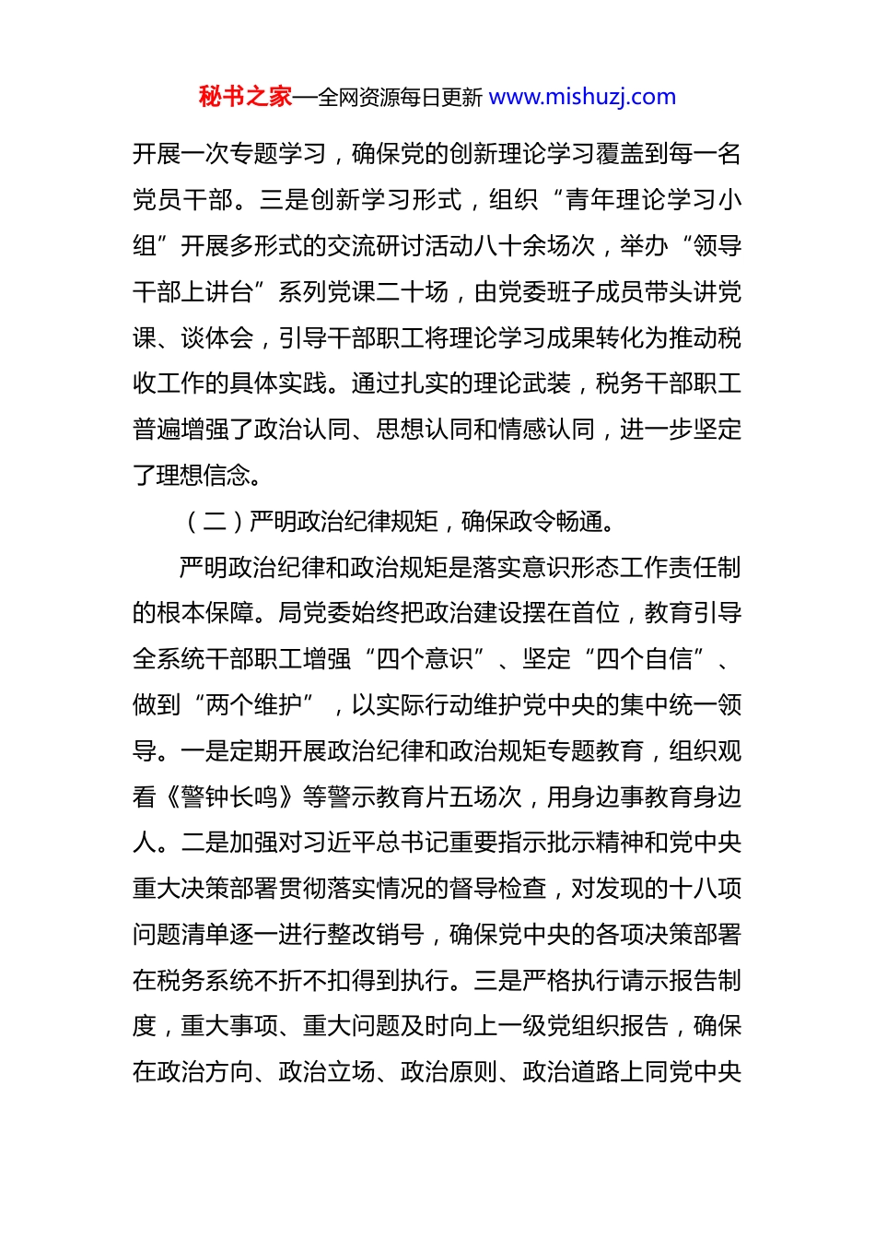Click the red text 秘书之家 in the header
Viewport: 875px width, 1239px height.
pyautogui.click(x=245, y=97)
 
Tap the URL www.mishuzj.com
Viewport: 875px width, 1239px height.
pyautogui.click(x=582, y=97)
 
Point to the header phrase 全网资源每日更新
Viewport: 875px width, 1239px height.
pyautogui.click(x=400, y=98)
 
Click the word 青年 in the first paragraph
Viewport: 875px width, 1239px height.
pyautogui.click(x=589, y=200)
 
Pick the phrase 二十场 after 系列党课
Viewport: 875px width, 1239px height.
pyautogui.click(x=412, y=292)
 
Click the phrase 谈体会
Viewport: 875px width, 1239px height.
pyautogui.click(x=217, y=338)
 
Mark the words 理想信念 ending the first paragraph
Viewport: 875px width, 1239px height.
pyautogui.click(x=205, y=476)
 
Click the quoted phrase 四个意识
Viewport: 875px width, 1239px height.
pyautogui.click(x=424, y=659)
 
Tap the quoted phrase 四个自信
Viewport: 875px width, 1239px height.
pyautogui.click(x=644, y=659)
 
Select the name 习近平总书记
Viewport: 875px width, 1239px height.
pyautogui.click(x=363, y=843)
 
